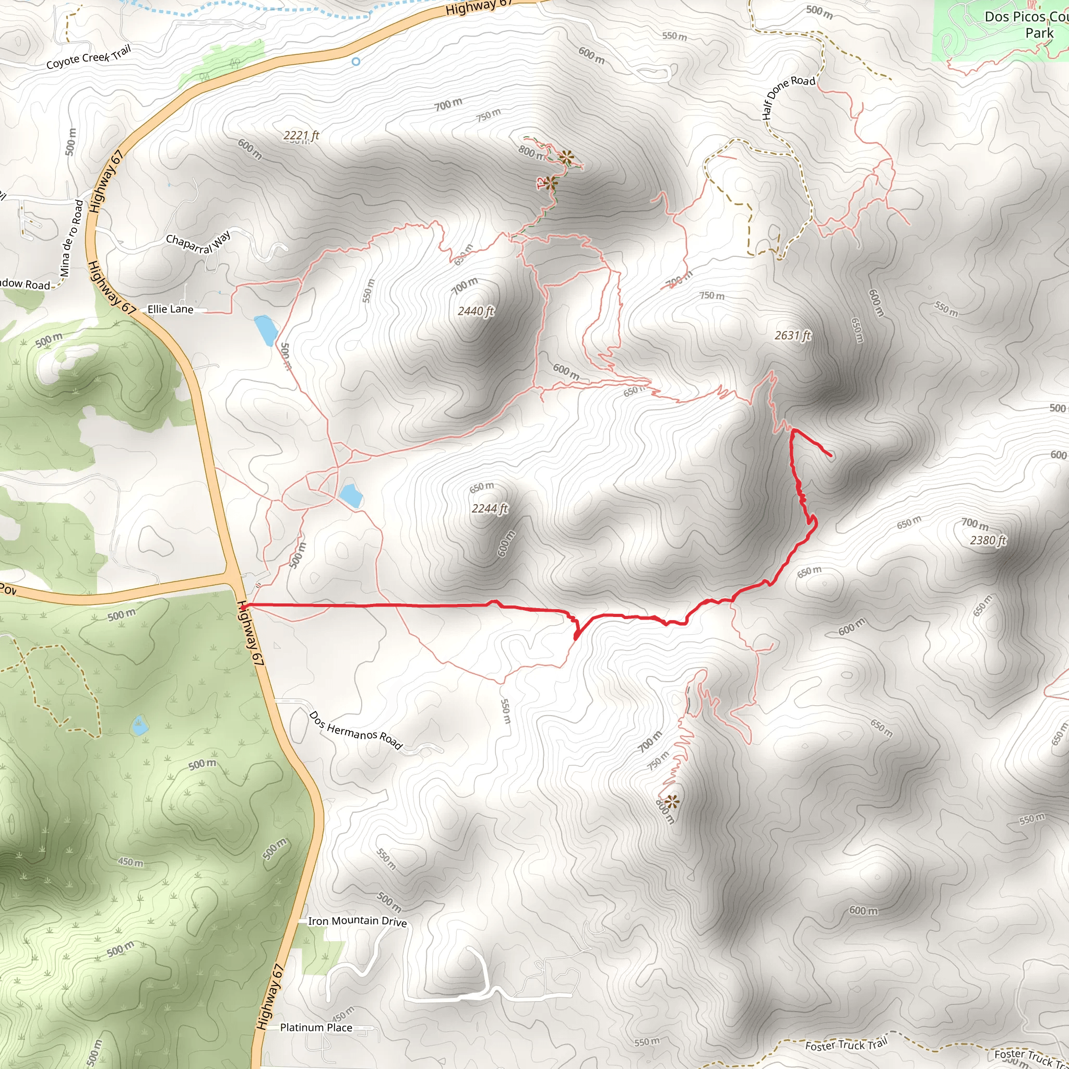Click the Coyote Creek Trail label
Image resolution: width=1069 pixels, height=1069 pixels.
89,57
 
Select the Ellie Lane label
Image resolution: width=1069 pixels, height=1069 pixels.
170,310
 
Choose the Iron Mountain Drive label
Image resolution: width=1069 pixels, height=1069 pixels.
358,921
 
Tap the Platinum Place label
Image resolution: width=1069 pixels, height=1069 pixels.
316,1027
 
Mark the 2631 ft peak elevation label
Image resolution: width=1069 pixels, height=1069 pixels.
792,336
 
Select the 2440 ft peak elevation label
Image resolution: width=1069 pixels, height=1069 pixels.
476,312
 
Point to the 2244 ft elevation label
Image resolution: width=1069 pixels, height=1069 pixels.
489,508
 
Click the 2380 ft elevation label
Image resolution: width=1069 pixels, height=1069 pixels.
988,540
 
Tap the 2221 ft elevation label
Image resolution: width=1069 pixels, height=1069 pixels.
301,136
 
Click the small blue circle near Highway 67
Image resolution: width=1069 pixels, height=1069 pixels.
356,62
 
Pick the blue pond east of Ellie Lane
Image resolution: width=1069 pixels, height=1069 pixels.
266,330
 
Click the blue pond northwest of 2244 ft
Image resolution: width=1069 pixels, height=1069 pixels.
351,495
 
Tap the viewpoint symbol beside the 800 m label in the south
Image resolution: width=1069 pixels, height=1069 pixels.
672,801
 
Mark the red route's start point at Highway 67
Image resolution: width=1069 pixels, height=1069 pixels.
243,607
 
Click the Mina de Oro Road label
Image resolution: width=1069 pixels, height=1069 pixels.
72,239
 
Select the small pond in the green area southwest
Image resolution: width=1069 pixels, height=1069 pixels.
139,726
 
